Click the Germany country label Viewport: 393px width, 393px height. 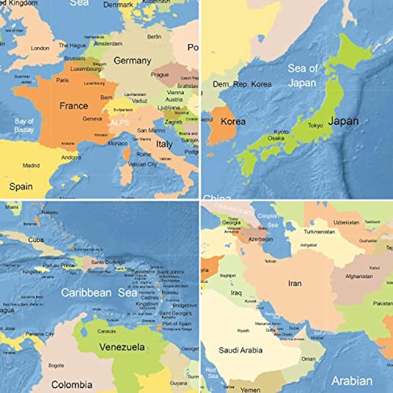pos(132,61)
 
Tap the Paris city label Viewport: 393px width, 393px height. pos(63,80)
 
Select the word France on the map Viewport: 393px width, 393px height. pos(73,106)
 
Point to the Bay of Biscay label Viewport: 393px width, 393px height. pos(24,125)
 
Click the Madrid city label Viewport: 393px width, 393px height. pos(31,165)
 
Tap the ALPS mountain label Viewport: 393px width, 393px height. pos(121,123)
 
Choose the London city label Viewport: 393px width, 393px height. pos(40,48)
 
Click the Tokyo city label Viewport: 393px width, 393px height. pos(315,125)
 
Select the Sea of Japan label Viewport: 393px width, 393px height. pos(303,76)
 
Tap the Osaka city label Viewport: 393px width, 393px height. pos(276,139)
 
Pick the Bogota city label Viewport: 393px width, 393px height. pos(55,366)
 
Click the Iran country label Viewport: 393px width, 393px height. pos(295,284)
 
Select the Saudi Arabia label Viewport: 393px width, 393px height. pos(240,351)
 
